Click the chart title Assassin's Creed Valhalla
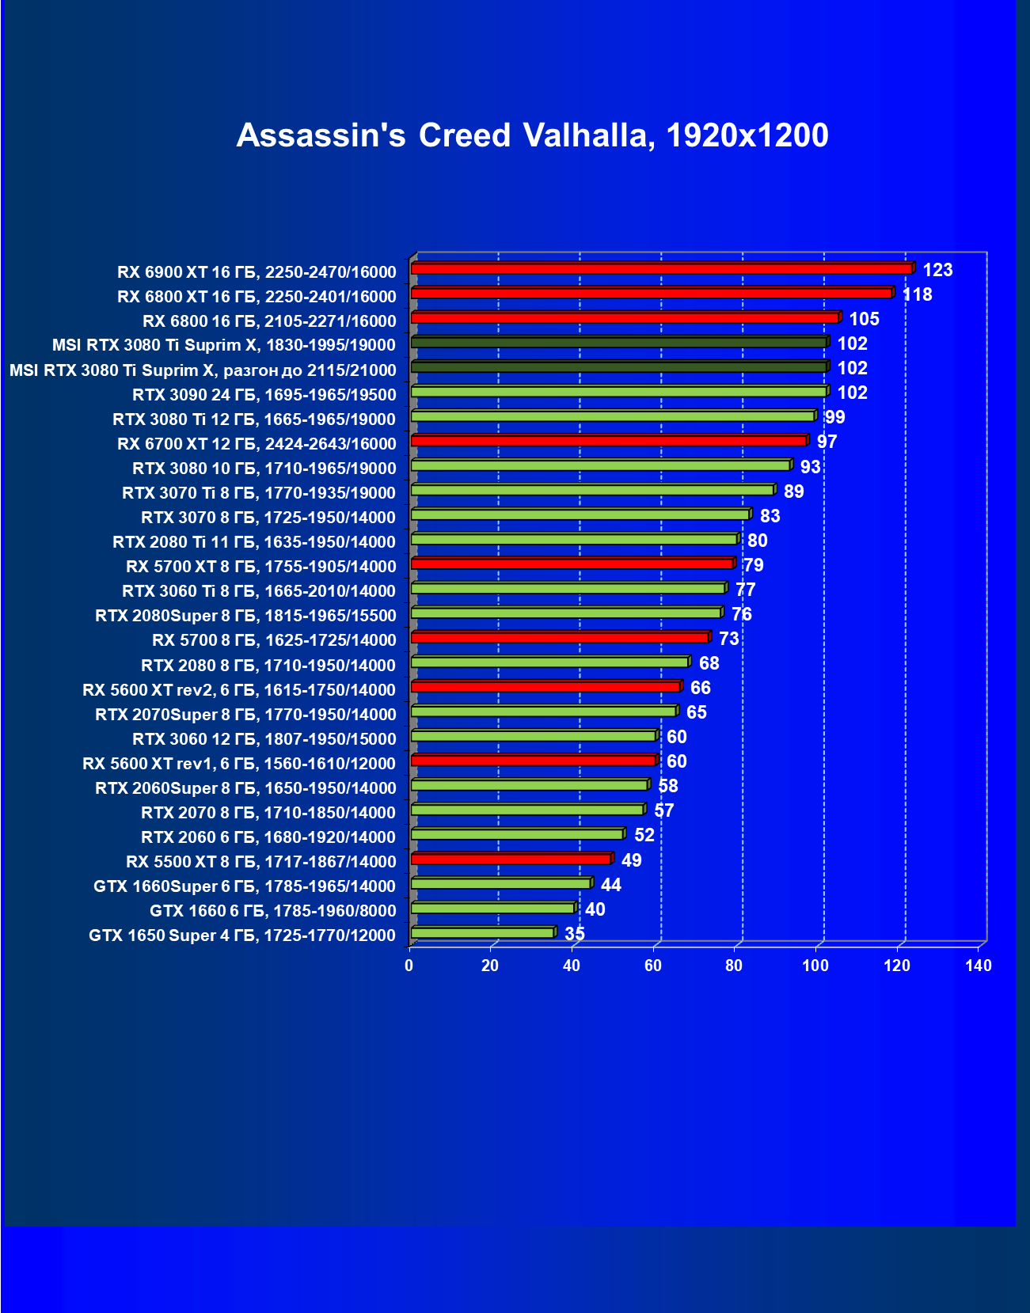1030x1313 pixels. pos(532,135)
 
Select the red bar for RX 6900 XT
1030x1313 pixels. pos(661,269)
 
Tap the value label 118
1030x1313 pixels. pos(918,294)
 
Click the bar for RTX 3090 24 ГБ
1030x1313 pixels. pos(618,392)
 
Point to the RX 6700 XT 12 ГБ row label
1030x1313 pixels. pos(256,443)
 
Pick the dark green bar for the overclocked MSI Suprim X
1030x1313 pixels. pos(618,367)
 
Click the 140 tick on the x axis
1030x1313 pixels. pos(979,966)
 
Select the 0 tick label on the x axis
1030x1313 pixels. pos(409,966)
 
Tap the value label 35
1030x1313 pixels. pos(575,934)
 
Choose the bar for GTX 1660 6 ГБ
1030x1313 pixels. pos(492,909)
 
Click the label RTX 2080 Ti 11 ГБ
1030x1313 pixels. pos(253,542)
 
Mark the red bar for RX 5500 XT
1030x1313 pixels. pos(511,860)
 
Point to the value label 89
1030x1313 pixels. pos(793,491)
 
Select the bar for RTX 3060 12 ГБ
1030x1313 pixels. pos(533,736)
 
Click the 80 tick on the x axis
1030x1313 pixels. pos(735,966)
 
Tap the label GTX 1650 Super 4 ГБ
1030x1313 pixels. pos(241,935)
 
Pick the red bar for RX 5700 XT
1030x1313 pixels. pos(572,564)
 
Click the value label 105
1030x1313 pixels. pos(865,319)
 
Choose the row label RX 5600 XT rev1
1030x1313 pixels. pos(238,764)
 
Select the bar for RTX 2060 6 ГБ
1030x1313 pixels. pos(517,834)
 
